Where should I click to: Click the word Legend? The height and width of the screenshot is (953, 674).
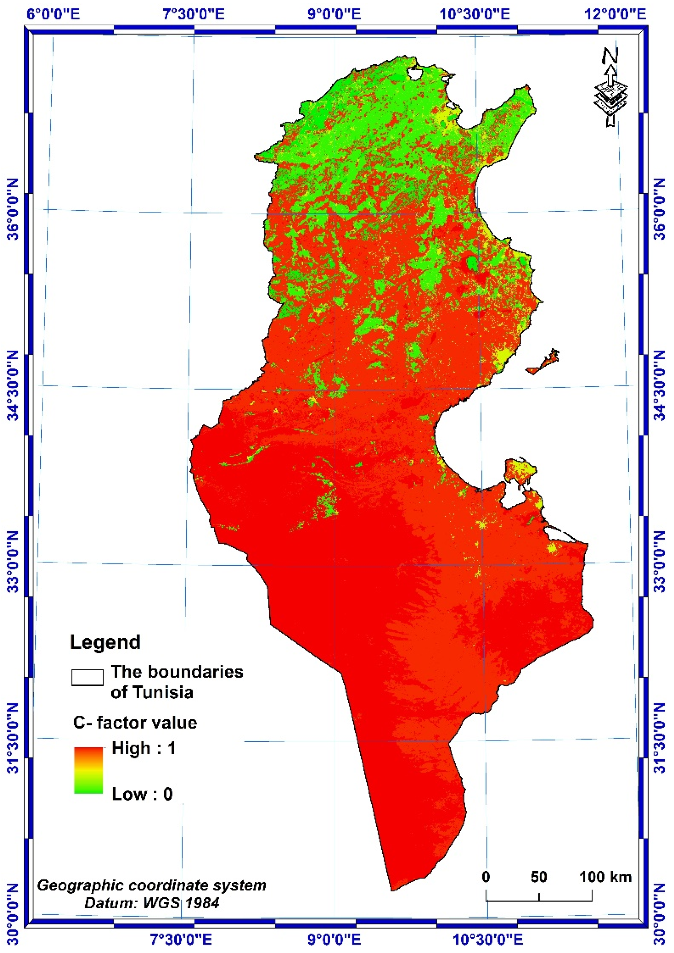click(105, 642)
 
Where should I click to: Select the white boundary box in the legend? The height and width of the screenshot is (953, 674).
click(87, 677)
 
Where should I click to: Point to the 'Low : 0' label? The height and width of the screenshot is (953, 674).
click(142, 794)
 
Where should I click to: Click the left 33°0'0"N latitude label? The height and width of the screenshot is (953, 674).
click(13, 562)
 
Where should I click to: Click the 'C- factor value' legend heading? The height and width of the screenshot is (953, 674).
click(135, 723)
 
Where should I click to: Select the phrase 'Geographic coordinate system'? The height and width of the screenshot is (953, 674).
click(151, 885)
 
